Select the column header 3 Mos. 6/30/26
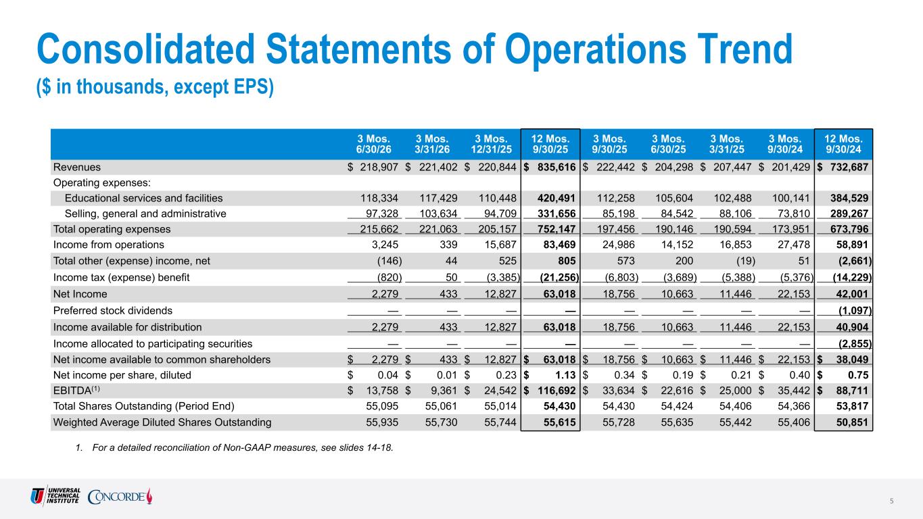coord(374,144)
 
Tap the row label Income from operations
coord(108,245)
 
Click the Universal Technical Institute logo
coord(55,496)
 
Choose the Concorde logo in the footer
coord(120,496)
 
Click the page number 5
coord(892,501)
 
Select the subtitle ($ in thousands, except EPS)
coord(155,87)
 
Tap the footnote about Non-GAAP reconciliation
coord(234,447)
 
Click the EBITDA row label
coord(76,390)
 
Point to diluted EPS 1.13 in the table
coord(565,375)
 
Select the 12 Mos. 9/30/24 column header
coord(843,144)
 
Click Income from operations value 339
coord(448,245)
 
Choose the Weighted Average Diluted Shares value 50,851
coord(852,422)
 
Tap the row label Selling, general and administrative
coord(145,214)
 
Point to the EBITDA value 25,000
coord(735,391)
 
